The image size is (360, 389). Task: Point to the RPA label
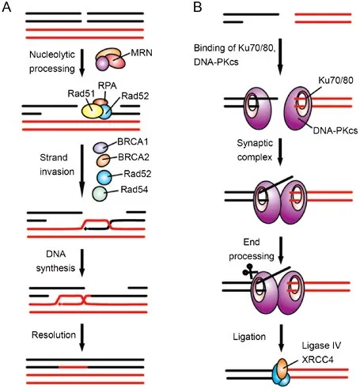(104, 85)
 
